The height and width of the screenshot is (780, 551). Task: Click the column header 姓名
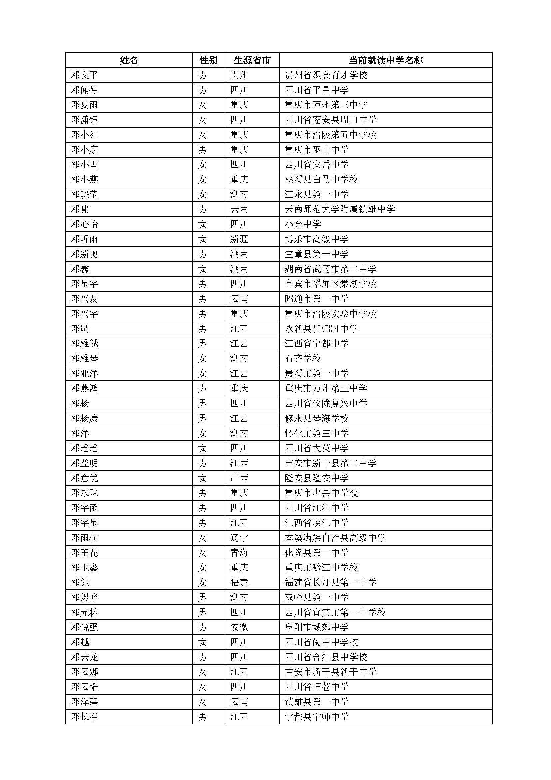pos(129,60)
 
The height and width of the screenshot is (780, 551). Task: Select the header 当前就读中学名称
pos(386,60)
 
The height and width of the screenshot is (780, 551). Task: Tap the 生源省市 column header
pos(252,60)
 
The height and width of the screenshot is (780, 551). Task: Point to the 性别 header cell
pos(208,60)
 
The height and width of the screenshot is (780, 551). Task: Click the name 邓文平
pos(85,75)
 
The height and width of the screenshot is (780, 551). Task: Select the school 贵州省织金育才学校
pos(326,75)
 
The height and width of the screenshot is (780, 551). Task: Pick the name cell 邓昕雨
pos(85,239)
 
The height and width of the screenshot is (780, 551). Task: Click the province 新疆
pos(239,239)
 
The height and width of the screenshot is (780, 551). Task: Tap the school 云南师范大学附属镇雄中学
pos(340,209)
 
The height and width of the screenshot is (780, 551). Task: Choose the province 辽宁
pos(239,538)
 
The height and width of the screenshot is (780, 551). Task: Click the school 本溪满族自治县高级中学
pos(335,538)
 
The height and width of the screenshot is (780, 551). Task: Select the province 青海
pos(239,553)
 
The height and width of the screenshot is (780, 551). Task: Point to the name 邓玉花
pos(85,553)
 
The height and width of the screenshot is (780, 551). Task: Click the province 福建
pos(239,583)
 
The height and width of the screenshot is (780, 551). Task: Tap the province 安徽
pos(239,627)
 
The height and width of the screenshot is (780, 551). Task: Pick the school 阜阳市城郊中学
pos(316,627)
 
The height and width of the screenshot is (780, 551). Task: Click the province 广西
pos(239,478)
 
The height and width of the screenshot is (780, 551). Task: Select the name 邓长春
pos(85,717)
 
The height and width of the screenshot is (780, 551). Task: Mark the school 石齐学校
pos(302,359)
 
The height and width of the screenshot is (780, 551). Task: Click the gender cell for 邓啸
pos(202,209)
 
